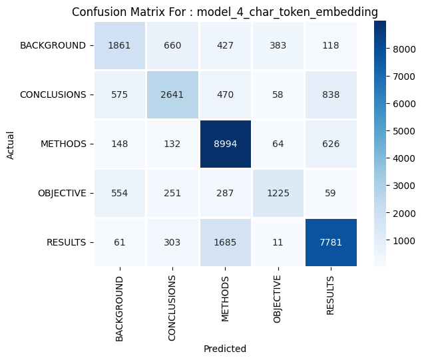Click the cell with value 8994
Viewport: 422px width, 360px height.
224,144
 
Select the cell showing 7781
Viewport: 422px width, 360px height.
330,242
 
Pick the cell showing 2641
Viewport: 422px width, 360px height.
172,94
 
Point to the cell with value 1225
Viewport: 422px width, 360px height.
278,193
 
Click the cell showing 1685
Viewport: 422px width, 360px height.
224,242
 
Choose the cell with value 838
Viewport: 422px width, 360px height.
330,94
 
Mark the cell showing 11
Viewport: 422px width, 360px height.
278,242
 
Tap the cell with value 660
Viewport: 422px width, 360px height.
172,46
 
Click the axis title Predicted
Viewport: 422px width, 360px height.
224,349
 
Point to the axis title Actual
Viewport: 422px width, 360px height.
10,144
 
